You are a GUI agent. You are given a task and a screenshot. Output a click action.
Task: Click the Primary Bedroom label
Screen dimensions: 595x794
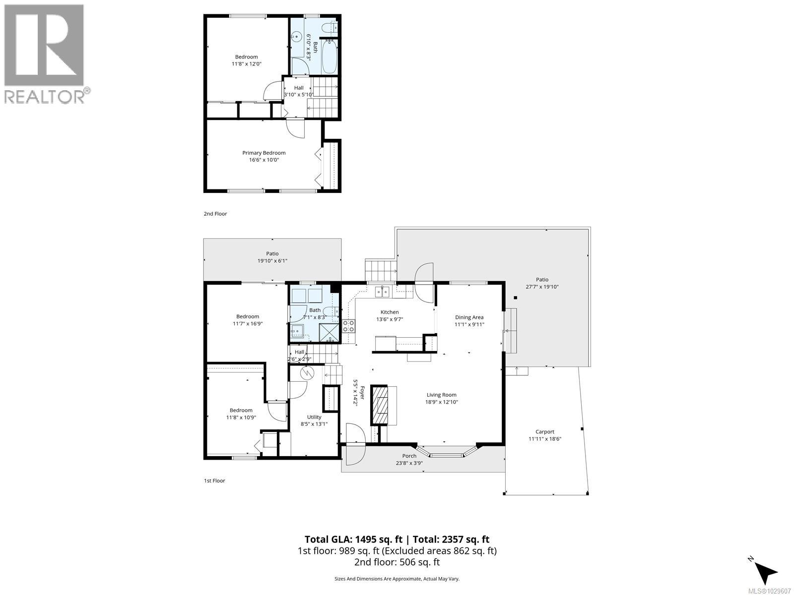click(x=264, y=153)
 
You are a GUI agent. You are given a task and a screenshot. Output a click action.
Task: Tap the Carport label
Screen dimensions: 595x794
click(x=544, y=431)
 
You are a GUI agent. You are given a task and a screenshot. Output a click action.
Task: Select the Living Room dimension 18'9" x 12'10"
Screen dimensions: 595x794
click(x=441, y=402)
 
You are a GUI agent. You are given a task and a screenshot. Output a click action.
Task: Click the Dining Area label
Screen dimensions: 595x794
click(x=469, y=317)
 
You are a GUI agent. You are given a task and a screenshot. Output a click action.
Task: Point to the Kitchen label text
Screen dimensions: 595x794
click(x=390, y=312)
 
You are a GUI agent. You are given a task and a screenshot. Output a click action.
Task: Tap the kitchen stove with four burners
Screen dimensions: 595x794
click(x=349, y=326)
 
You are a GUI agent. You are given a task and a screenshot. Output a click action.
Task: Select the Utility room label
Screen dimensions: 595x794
click(x=314, y=417)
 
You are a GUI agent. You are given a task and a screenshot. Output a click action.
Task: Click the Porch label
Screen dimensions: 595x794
click(x=409, y=456)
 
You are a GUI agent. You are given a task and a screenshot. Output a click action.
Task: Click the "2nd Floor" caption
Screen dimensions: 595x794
click(x=215, y=214)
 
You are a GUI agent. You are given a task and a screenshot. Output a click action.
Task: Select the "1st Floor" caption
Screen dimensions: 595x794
click(x=214, y=480)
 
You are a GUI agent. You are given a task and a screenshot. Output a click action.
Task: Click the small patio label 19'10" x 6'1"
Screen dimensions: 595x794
click(x=272, y=260)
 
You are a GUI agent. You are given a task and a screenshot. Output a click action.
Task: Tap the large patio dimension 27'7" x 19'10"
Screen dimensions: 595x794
click(x=542, y=287)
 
